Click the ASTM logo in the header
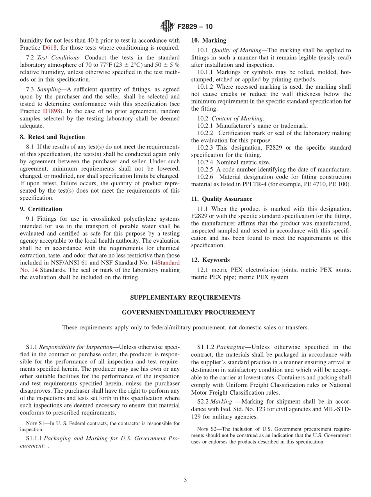point(167,27)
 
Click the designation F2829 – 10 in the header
point(195,27)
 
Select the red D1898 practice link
point(51,111)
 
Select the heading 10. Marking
point(209,40)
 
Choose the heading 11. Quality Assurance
point(221,199)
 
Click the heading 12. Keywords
point(210,260)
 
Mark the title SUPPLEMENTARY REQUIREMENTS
point(185,298)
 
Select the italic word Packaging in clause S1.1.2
point(230,347)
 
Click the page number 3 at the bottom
point(185,480)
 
